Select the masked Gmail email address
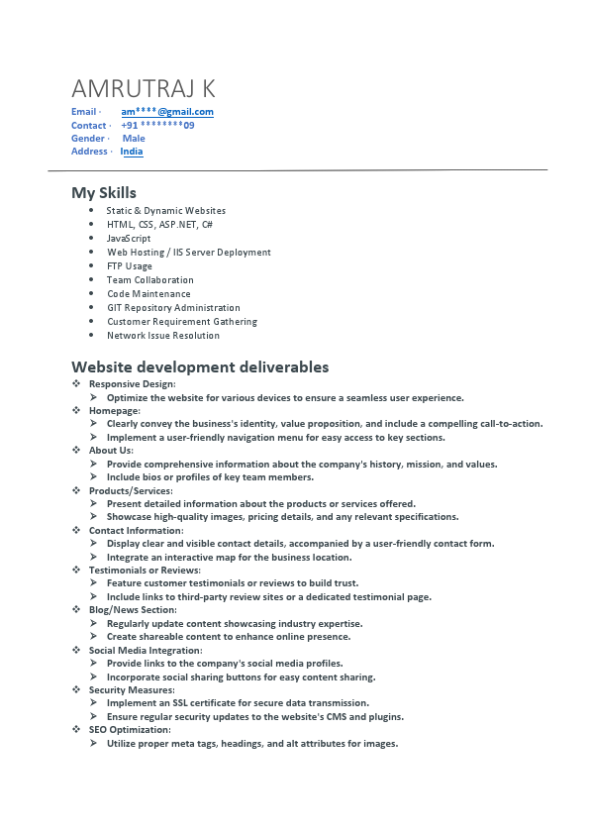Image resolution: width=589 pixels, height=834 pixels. (x=167, y=112)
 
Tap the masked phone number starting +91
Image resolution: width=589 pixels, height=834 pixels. (x=157, y=126)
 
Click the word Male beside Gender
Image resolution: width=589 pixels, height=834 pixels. (x=134, y=139)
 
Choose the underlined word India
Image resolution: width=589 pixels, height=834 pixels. (x=132, y=152)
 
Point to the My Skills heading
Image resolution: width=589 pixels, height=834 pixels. (x=104, y=193)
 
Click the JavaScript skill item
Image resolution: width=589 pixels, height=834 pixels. (x=129, y=239)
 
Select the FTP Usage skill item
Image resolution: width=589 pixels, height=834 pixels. (x=130, y=266)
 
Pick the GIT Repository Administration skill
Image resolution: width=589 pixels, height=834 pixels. (x=173, y=308)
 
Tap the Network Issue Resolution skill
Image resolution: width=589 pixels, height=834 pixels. (x=163, y=336)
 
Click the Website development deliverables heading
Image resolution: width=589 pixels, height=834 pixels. (x=200, y=367)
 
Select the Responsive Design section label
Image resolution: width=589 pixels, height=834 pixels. (x=132, y=383)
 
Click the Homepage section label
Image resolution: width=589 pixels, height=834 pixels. (x=115, y=410)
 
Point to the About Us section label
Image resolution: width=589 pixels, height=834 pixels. (x=111, y=451)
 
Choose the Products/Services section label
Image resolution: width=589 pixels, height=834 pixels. (x=131, y=490)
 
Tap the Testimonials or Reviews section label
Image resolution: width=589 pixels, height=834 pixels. (x=145, y=571)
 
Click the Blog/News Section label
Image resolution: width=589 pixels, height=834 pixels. (x=133, y=610)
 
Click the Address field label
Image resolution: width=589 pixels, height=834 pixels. (x=89, y=152)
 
